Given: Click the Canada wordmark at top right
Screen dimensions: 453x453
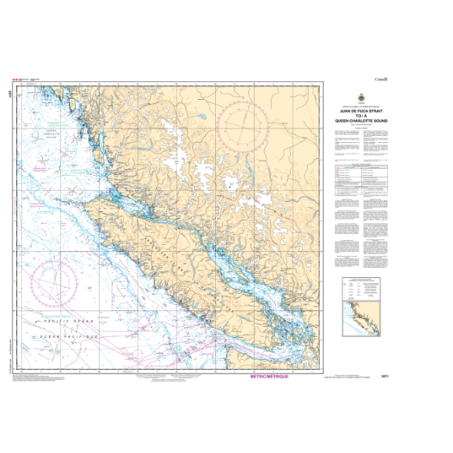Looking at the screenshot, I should pos(382,79).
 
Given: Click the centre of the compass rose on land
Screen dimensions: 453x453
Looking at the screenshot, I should pos(243,124).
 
